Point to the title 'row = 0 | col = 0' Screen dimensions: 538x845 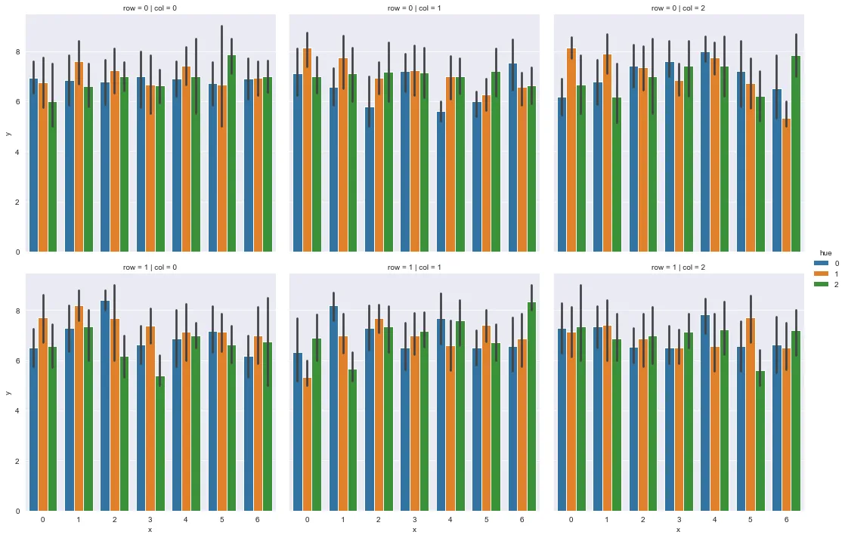coord(150,8)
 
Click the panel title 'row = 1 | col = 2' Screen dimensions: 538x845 coord(678,267)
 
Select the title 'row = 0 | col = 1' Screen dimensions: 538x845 coord(414,8)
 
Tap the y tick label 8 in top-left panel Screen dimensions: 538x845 coord(18,52)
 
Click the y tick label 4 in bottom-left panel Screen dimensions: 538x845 coord(18,411)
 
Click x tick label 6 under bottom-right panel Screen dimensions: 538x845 coord(786,521)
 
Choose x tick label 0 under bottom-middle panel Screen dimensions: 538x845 coord(307,521)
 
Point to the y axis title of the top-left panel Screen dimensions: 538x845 coord(8,134)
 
